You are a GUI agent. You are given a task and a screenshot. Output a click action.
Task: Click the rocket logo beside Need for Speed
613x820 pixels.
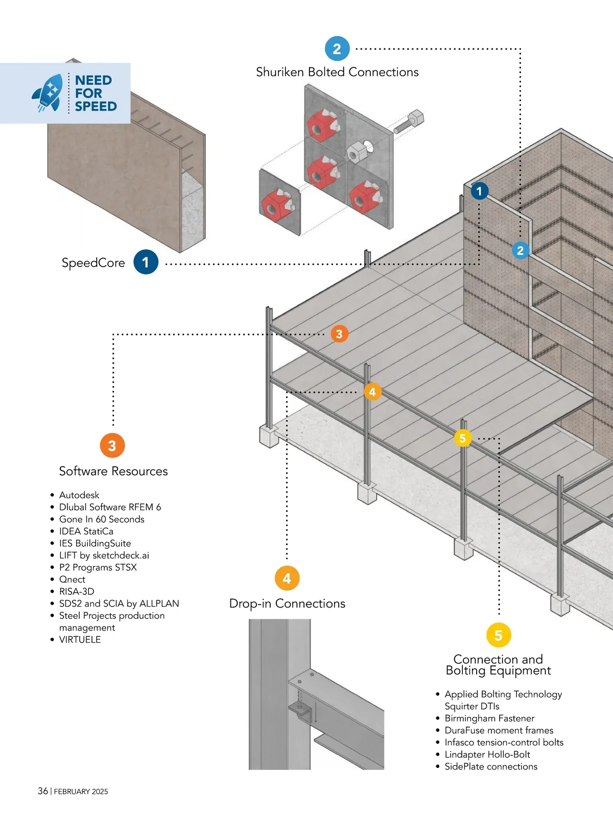[x=48, y=92]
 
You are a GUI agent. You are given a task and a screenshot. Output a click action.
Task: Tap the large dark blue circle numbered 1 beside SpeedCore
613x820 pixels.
[x=146, y=262]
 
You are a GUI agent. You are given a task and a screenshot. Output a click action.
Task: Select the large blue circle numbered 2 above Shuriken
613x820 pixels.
[x=337, y=49]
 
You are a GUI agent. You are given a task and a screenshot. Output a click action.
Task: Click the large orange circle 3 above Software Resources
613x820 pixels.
[x=112, y=445]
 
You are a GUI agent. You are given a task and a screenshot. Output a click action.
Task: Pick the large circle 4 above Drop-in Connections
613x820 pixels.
[x=287, y=578]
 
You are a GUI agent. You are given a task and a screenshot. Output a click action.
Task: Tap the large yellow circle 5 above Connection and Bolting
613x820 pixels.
[x=499, y=635]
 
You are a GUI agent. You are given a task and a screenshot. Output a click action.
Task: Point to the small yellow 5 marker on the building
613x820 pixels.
[x=463, y=438]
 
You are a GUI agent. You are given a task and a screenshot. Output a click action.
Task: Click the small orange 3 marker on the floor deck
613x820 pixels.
[x=339, y=334]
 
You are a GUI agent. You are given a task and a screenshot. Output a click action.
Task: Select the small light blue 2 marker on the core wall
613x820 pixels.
[x=520, y=250]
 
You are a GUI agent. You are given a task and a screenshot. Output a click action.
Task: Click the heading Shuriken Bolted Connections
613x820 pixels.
[x=337, y=72]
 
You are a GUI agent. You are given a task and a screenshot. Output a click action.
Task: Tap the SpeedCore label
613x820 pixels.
[x=93, y=262]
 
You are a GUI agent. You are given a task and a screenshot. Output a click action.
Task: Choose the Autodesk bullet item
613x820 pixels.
[x=79, y=495]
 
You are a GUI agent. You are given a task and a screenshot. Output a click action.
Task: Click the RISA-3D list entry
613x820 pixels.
[x=77, y=591]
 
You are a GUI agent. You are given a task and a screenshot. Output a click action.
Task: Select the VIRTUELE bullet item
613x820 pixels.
[x=80, y=639]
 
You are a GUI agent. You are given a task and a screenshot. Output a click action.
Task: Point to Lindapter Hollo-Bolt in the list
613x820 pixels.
[x=487, y=754]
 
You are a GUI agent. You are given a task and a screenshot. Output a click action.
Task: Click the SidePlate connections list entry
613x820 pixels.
[x=491, y=766]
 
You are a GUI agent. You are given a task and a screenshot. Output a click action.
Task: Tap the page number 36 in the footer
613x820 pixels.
[x=43, y=791]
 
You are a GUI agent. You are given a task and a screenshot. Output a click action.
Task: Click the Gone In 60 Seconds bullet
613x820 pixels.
[x=102, y=519]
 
